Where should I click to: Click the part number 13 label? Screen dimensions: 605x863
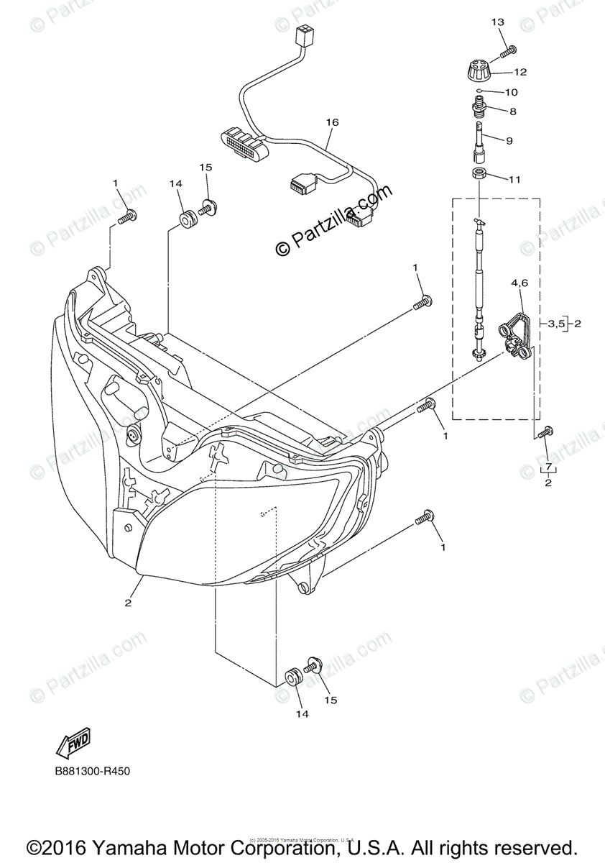[497, 23]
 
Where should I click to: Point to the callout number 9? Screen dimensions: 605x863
[509, 141]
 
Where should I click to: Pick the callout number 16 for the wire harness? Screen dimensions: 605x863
[331, 122]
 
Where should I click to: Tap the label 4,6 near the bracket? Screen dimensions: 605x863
[519, 284]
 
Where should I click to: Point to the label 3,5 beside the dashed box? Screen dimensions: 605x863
[555, 324]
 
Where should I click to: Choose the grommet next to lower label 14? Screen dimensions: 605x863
[292, 677]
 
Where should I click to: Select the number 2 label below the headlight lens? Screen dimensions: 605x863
[128, 603]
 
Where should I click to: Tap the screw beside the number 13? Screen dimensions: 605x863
[509, 51]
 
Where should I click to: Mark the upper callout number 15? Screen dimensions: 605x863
[205, 167]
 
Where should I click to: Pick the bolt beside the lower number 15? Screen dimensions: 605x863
[313, 665]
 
